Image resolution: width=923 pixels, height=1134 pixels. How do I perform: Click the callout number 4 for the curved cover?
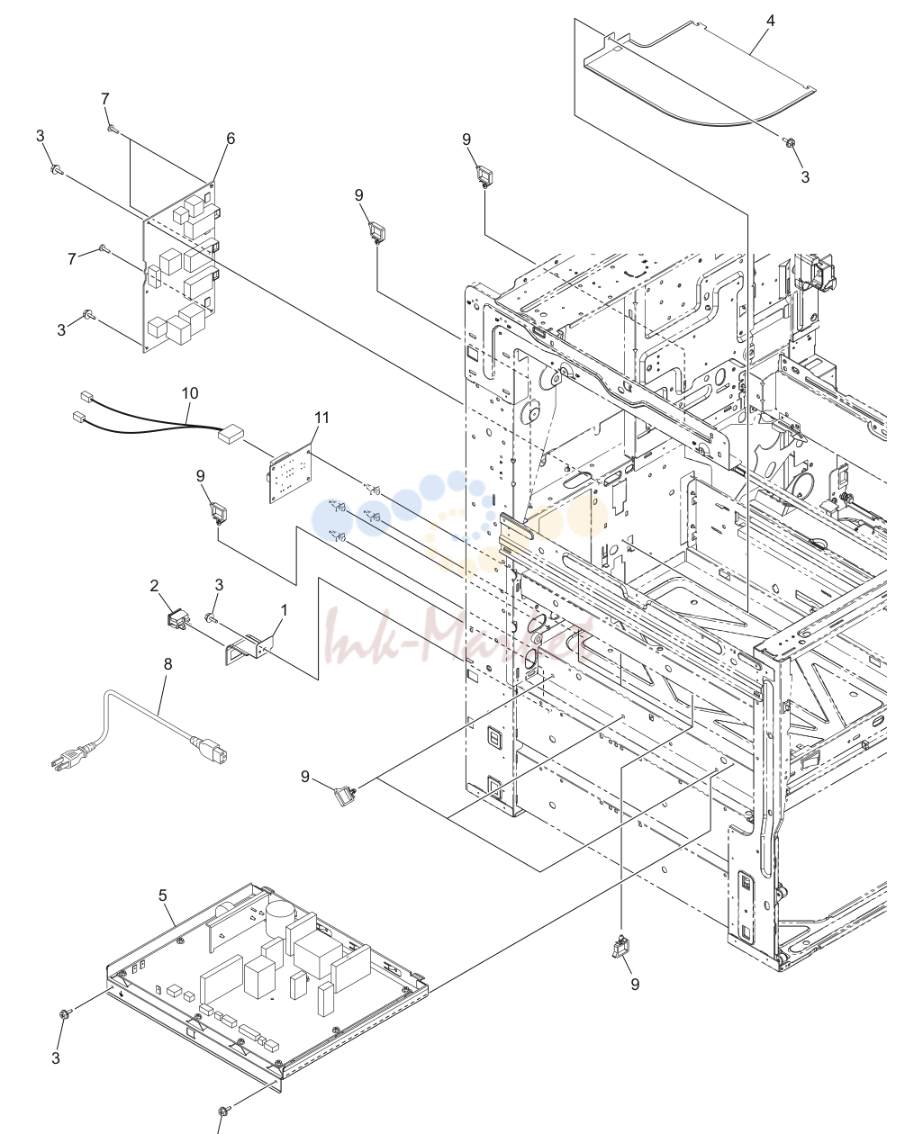(x=770, y=21)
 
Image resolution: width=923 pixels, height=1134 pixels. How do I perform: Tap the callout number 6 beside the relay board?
(x=231, y=139)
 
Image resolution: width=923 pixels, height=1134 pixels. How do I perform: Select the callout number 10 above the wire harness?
(x=190, y=393)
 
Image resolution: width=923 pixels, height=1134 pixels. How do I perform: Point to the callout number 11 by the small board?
(x=321, y=418)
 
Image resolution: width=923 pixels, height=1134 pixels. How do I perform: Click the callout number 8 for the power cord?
(x=168, y=664)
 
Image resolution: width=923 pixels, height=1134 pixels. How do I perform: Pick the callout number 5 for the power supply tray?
(x=163, y=895)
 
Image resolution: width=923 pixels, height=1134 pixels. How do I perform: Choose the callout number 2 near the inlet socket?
(x=155, y=586)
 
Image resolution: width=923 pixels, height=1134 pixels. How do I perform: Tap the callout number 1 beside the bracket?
(x=284, y=610)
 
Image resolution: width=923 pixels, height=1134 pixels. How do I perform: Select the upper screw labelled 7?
(x=113, y=128)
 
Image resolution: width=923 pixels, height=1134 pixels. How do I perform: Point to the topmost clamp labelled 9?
(x=484, y=176)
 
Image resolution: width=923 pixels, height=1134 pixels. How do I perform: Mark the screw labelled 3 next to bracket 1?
(x=210, y=617)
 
